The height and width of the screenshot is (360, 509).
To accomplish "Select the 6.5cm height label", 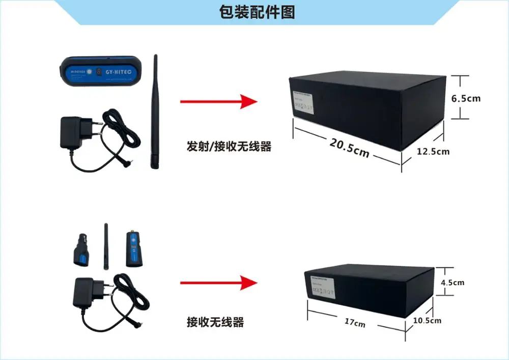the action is pos(466,98).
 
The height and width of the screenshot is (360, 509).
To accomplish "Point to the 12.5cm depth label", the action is pos(433,151).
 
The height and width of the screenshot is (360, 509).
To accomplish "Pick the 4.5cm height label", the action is pos(453,282).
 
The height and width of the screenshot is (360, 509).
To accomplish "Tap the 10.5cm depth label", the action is pos(427,320).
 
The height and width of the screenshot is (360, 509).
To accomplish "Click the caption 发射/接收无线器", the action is pos(229,147).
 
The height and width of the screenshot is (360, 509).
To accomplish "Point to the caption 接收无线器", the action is pos(215,322).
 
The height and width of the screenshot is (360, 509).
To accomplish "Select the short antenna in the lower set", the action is pos(106,244).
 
